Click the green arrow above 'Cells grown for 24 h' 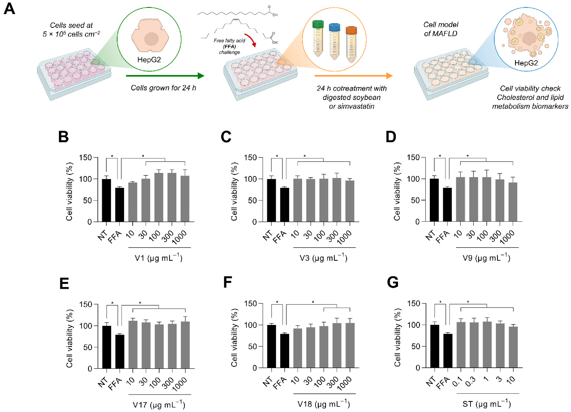pos(165,76)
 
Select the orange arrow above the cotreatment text pos(353,76)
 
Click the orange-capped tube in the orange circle pos(351,44)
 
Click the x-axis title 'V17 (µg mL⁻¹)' pos(159,405)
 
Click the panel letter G pos(393,282)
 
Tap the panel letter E pos(64,283)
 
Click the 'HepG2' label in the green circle pos(149,60)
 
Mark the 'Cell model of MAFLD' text pos(440,29)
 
